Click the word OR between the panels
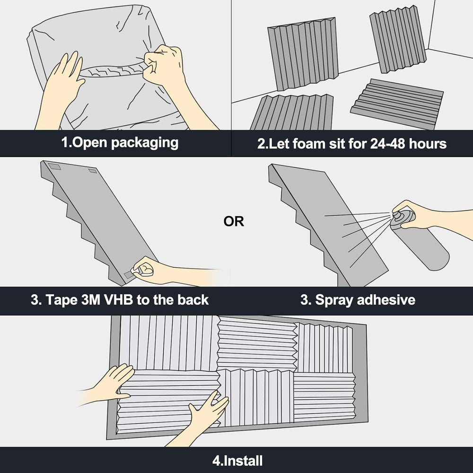234,221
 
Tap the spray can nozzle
396,215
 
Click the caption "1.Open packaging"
120,143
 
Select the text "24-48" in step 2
387,144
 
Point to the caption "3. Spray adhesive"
358,300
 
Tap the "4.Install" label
237,461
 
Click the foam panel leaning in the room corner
398,39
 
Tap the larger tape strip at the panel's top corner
55,166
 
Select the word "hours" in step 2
428,144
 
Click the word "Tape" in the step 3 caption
61,300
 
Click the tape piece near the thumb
130,274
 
